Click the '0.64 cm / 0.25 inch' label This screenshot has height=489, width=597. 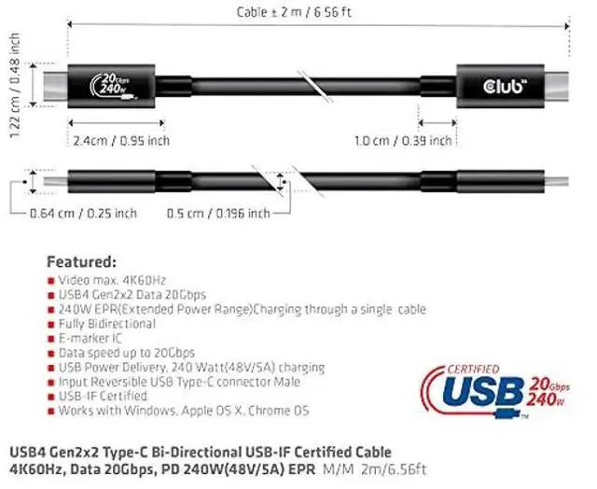click(x=83, y=214)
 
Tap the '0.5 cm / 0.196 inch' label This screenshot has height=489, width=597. click(x=218, y=214)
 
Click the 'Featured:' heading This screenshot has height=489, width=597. click(x=81, y=261)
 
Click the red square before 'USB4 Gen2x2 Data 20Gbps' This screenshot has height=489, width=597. click(x=50, y=295)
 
